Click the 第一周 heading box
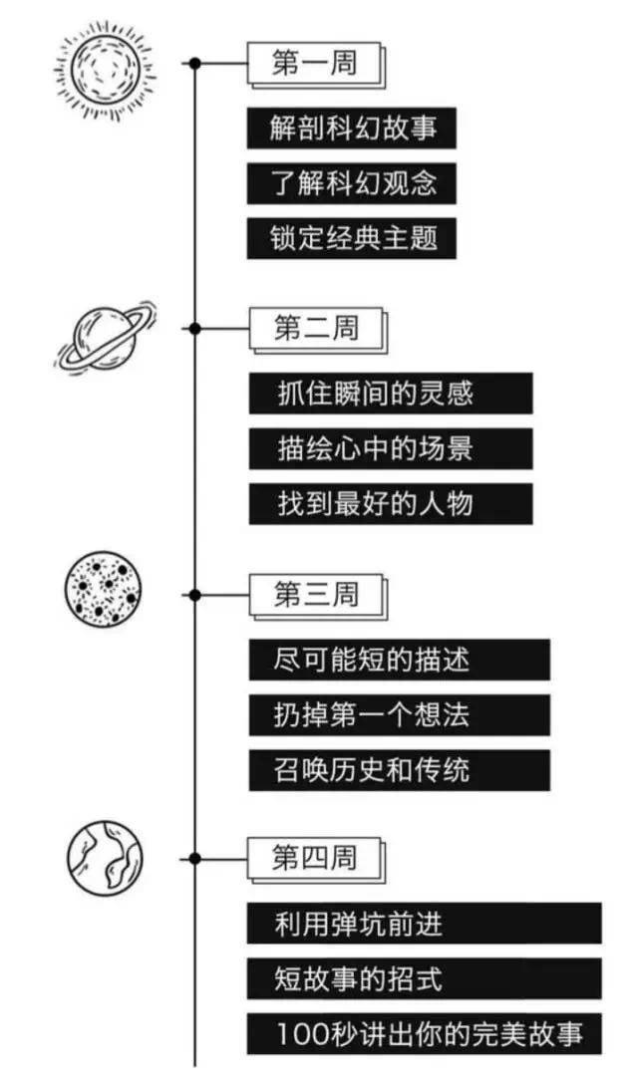pos(314,64)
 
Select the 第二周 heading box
pos(316,329)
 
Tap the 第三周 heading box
pos(316,595)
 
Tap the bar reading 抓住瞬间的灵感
pos(390,394)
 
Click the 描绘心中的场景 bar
pos(390,448)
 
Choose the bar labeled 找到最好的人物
pos(390,503)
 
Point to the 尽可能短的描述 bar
pos(399,660)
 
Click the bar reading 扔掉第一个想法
pos(399,714)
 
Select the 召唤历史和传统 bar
pos(399,769)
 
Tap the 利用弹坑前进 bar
pos(424,924)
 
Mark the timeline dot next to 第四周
pos(195,859)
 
